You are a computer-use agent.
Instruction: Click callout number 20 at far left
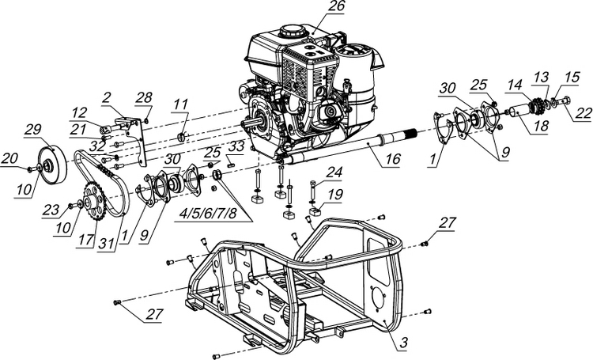(x=9, y=159)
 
